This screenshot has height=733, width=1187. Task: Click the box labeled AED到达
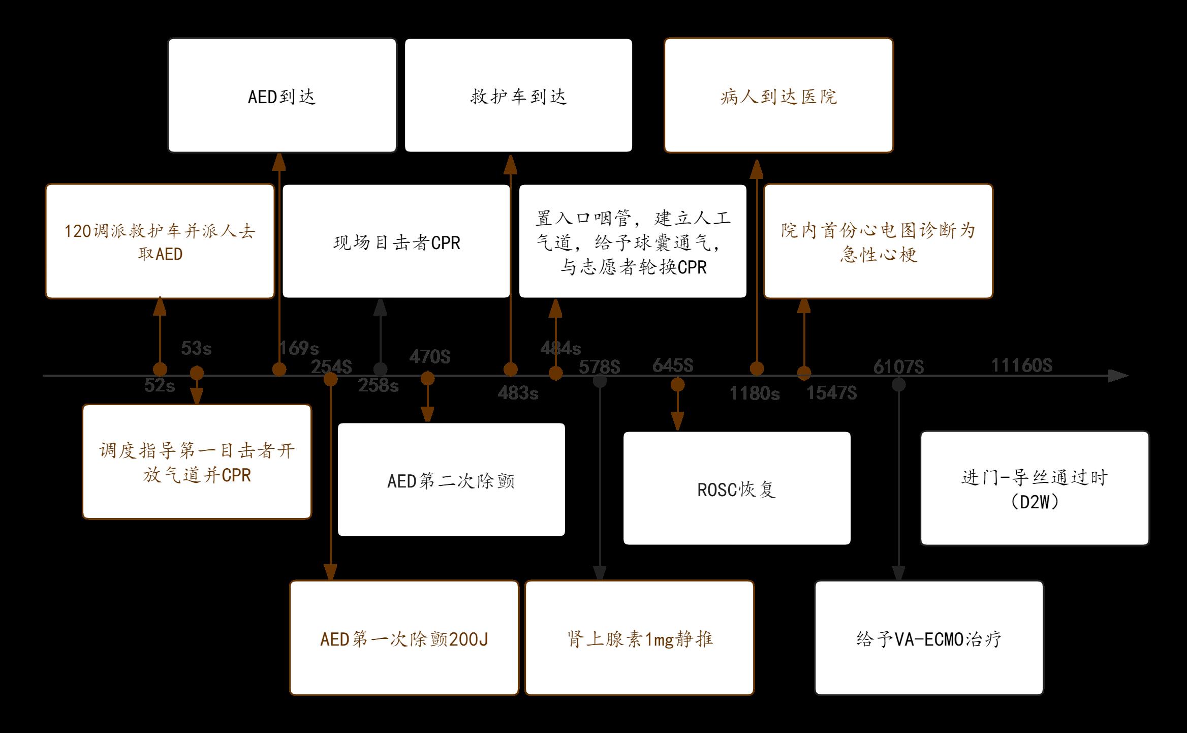tap(282, 96)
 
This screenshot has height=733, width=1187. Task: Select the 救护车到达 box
tap(518, 96)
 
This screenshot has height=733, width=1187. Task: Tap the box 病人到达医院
tap(778, 96)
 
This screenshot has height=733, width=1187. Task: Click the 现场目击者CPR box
tap(396, 241)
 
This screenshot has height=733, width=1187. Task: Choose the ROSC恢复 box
tap(737, 488)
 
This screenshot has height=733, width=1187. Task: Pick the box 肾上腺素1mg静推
tap(639, 638)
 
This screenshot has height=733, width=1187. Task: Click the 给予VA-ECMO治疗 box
tap(929, 638)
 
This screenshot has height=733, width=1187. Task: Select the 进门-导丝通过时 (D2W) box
tap(1035, 488)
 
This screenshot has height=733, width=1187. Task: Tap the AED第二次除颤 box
tap(451, 480)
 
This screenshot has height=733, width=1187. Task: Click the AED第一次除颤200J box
tap(404, 638)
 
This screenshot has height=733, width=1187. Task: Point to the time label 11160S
tap(1021, 365)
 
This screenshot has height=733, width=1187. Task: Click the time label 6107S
tap(898, 366)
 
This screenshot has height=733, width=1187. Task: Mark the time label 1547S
tap(831, 392)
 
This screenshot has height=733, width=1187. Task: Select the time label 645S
tap(672, 365)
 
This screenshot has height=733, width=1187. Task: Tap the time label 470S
tap(429, 357)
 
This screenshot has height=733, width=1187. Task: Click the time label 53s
tap(196, 348)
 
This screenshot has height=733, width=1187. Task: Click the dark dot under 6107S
tap(898, 385)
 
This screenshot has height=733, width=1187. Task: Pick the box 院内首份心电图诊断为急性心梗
tap(878, 241)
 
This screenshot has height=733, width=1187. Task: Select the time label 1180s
tap(755, 393)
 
